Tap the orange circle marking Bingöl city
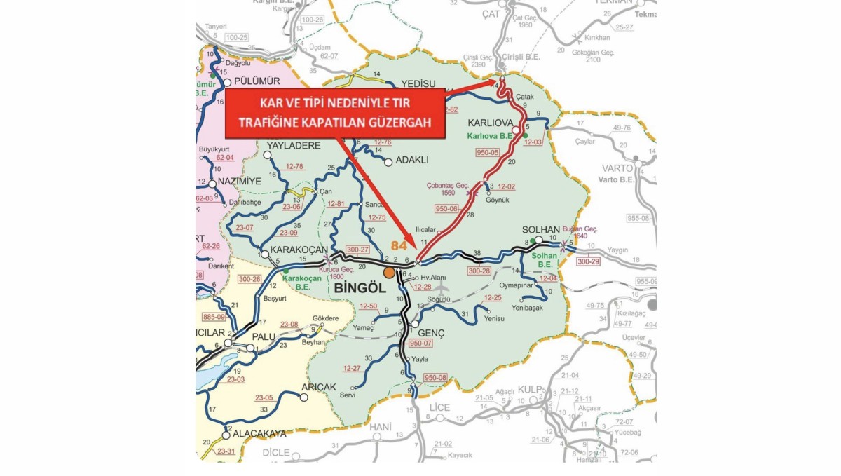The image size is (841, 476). (389, 271)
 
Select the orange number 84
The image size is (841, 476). (399, 246)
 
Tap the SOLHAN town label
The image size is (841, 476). (541, 230)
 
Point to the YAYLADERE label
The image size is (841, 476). (293, 145)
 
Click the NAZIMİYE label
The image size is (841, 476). (239, 181)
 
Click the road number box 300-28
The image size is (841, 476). (479, 271)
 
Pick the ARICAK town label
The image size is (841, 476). (319, 387)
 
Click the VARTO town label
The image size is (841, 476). (617, 168)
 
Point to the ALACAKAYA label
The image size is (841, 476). (259, 433)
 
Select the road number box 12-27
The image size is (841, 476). (352, 368)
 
